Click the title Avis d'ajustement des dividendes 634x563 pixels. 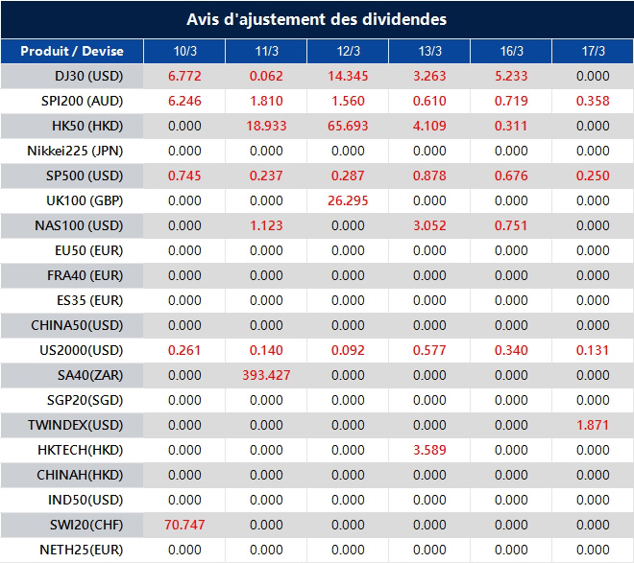tap(316, 19)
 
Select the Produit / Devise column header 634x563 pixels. tap(72, 51)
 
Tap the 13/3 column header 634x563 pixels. tap(430, 51)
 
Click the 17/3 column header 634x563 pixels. tap(594, 51)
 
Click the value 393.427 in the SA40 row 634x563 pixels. tap(266, 375)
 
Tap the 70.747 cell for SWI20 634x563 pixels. tap(184, 525)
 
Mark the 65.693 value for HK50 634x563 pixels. tap(348, 126)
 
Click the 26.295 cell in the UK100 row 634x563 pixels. tap(348, 200)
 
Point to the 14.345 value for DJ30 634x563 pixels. tap(348, 76)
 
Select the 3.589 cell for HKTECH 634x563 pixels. tap(429, 450)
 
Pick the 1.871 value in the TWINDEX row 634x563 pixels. tap(593, 425)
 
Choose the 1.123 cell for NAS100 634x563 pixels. tap(266, 225)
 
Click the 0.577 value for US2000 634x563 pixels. tap(429, 350)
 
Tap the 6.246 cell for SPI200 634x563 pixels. tap(184, 101)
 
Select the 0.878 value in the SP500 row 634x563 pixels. tap(429, 176)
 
